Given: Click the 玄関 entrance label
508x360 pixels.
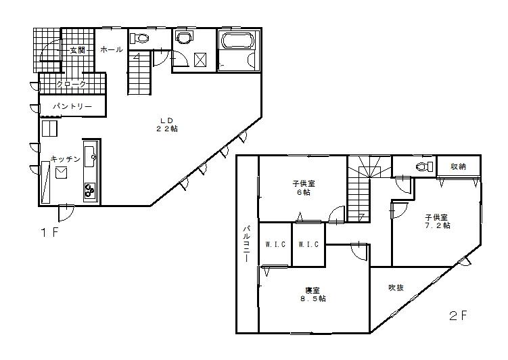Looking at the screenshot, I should (76, 50).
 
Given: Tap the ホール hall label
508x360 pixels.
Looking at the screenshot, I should (112, 50).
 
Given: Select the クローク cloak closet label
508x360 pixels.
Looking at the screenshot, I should (71, 84).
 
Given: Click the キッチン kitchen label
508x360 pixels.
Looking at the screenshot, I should (65, 158).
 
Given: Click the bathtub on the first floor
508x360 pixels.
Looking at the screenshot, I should (237, 41).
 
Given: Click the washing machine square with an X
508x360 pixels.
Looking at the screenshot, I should (201, 60).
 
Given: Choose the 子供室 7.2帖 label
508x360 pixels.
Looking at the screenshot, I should (436, 222).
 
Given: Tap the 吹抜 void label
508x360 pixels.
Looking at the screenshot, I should (396, 288).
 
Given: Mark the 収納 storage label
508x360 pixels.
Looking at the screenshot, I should (458, 166).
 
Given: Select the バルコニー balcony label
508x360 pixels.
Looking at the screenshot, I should (247, 244).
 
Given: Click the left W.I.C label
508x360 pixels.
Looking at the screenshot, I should (274, 244).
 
